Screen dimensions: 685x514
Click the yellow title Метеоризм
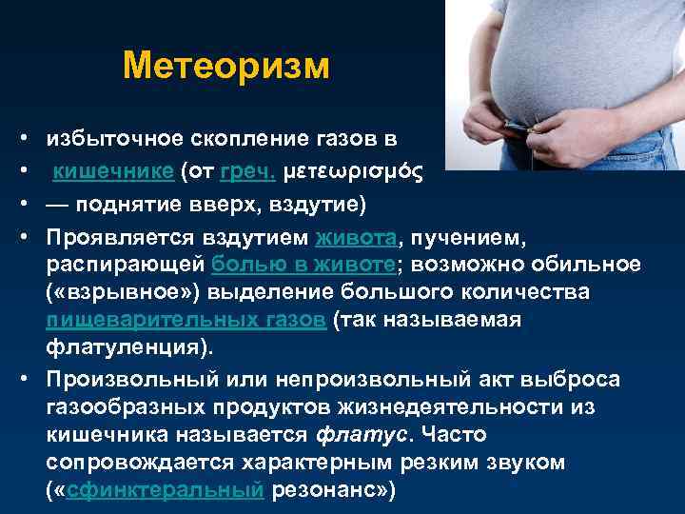pos(226,67)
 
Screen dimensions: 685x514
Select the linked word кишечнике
pos(113,171)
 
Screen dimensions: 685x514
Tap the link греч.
pos(247,171)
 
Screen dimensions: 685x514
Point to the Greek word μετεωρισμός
pos(353,171)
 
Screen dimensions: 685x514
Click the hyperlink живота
pos(356,238)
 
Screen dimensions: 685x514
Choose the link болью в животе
pos(303,265)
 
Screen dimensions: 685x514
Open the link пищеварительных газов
pos(186,321)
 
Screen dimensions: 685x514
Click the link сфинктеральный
pos(166,489)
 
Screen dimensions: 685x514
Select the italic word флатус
pos(362,435)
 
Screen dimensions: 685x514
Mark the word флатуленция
pos(124,347)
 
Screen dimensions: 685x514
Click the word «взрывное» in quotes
pos(123,292)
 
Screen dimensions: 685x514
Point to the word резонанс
pos(326,490)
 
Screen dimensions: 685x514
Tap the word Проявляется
pos(120,239)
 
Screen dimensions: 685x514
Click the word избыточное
pos(115,139)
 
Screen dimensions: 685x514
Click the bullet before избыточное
pos(24,138)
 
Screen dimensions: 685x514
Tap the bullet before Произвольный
pos(24,379)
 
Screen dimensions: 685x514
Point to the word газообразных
pos(126,407)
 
